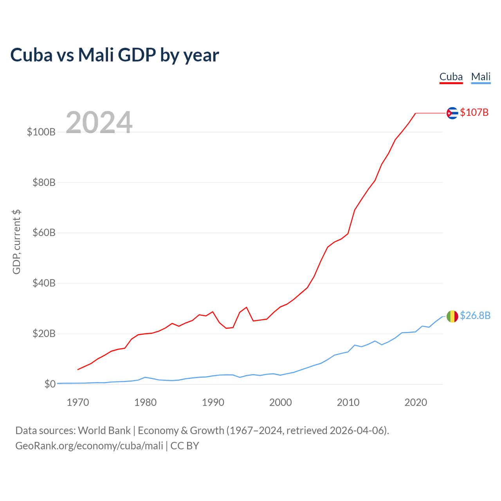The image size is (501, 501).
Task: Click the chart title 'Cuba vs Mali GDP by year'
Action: pos(114,55)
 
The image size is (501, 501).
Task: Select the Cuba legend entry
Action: pos(451,77)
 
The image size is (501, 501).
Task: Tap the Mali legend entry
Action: pos(481,77)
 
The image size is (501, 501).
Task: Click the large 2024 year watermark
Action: pos(99,123)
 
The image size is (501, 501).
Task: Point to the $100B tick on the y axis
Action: pos(41,132)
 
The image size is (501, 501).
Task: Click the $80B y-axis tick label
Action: pos(44,182)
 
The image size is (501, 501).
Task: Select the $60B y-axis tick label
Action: pos(44,233)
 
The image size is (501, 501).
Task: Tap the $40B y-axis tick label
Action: pos(44,283)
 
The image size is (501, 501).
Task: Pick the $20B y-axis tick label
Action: pos(44,333)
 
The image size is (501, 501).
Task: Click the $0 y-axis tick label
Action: pos(50,384)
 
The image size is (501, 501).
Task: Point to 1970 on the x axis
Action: pos(78,402)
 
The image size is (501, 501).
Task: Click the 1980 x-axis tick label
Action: pos(146,402)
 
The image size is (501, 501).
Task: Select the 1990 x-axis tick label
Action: pos(213,402)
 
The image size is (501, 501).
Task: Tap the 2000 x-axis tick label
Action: pos(281,402)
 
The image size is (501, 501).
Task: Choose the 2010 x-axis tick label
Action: pos(348,402)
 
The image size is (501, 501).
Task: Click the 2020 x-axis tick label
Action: pos(416,402)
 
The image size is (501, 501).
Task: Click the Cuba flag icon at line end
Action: pos(452,113)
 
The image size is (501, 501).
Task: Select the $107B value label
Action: pos(474,113)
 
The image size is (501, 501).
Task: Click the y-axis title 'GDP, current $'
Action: pos(16,242)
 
